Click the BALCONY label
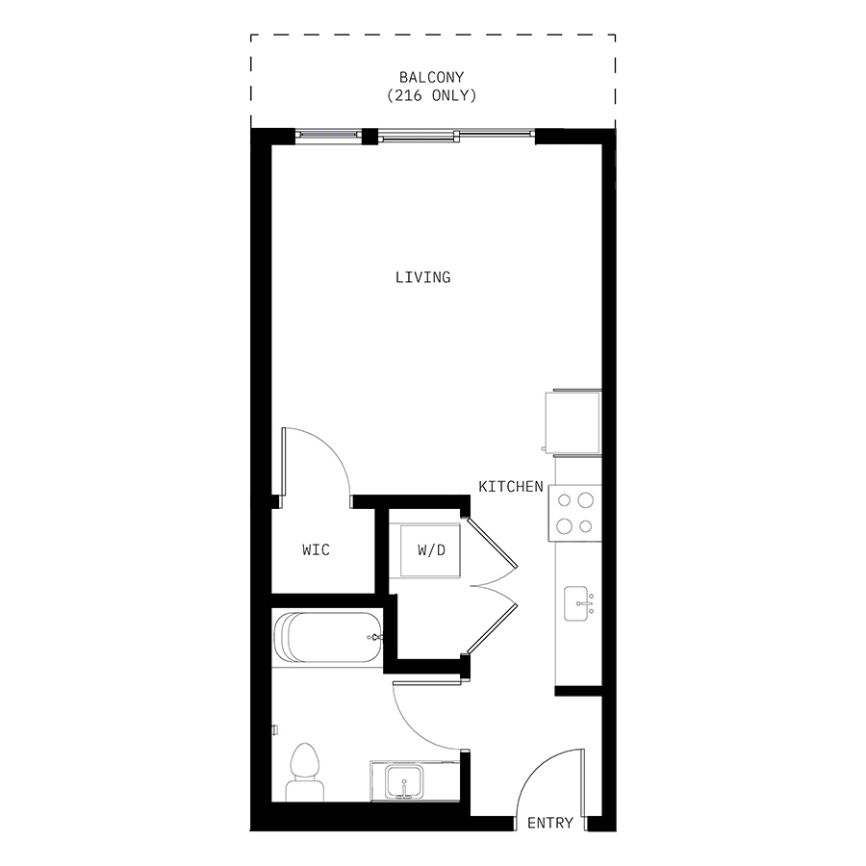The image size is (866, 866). [431, 77]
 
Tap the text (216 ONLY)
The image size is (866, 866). [431, 95]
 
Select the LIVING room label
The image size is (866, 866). [423, 277]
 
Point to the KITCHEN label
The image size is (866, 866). [511, 487]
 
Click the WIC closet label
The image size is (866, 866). [316, 549]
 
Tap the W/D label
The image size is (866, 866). [431, 550]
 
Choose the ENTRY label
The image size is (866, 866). [550, 823]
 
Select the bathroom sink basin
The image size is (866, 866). [404, 781]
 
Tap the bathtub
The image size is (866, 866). [327, 637]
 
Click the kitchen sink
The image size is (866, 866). [576, 603]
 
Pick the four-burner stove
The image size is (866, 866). [575, 513]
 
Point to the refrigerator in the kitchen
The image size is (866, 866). [573, 423]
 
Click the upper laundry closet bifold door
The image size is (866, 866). [492, 543]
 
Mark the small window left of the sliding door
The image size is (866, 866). [328, 134]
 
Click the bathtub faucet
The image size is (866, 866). [375, 637]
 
